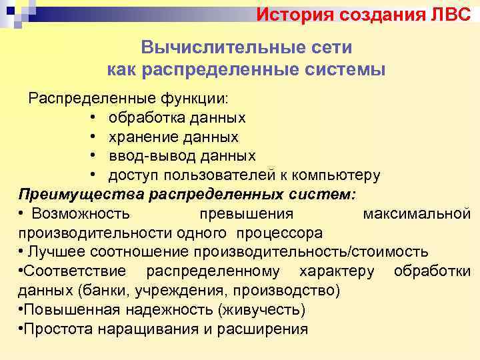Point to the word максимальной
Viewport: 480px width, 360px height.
pyautogui.click(x=417, y=213)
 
